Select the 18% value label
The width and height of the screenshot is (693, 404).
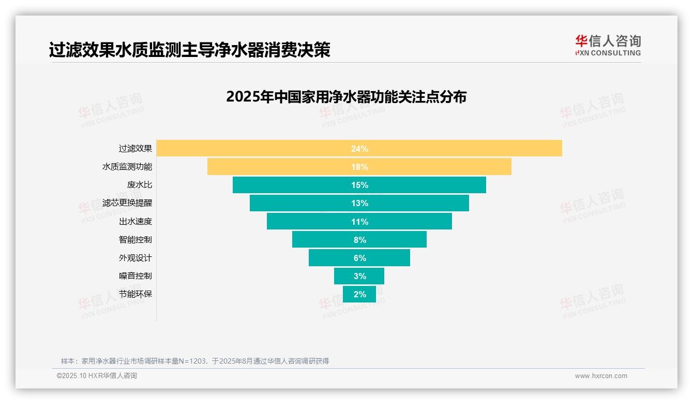359,167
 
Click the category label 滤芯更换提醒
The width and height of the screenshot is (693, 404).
127,203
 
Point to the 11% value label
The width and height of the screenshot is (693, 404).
359,222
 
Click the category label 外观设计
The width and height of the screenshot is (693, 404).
135,257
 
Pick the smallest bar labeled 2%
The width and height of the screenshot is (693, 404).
359,294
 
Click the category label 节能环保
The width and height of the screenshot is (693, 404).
135,294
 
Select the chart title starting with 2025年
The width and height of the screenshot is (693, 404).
346,97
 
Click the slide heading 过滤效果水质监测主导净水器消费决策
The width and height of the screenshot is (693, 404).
189,50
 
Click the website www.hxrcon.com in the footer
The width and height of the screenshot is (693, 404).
601,376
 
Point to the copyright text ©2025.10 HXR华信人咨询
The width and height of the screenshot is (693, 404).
97,376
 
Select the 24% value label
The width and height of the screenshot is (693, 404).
359,149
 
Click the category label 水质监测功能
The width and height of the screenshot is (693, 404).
127,167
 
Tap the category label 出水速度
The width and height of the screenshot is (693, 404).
135,221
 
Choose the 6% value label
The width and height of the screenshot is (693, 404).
359,258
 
